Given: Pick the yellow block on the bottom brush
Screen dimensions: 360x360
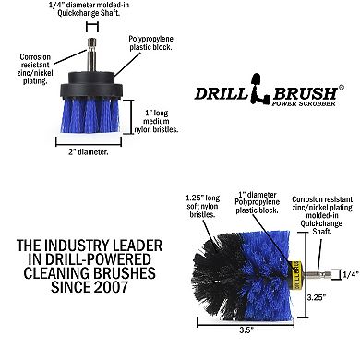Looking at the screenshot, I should [x=298, y=274].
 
